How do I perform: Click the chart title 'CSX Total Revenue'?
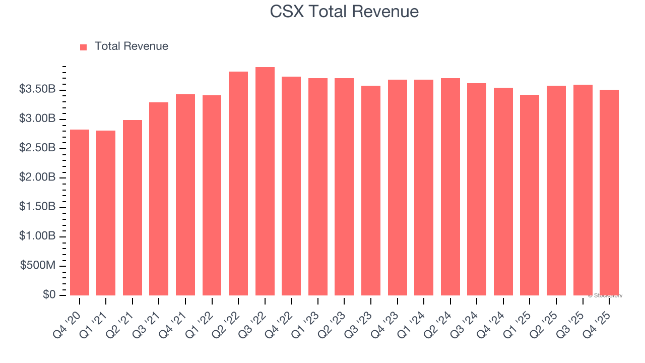[x=344, y=11]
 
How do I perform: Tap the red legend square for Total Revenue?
[x=84, y=47]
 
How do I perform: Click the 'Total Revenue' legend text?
[x=131, y=46]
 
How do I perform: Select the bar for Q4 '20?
[x=80, y=212]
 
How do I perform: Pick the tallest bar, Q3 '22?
[x=265, y=181]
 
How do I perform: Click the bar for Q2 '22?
[x=238, y=184]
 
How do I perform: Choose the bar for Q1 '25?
[x=530, y=195]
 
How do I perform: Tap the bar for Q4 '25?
[x=609, y=193]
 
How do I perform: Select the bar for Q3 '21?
[x=159, y=199]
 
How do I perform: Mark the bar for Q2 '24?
[x=450, y=187]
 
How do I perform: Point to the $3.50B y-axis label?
[x=37, y=89]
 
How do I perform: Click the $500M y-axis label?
[x=38, y=266]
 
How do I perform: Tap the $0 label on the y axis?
[x=48, y=295]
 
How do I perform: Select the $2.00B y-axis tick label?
[x=37, y=177]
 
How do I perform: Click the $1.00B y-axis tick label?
[x=37, y=236]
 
